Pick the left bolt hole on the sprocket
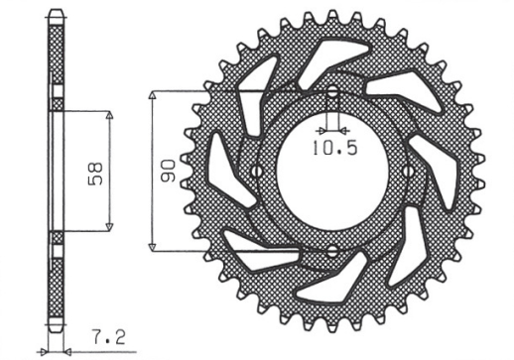click(x=256, y=173)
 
